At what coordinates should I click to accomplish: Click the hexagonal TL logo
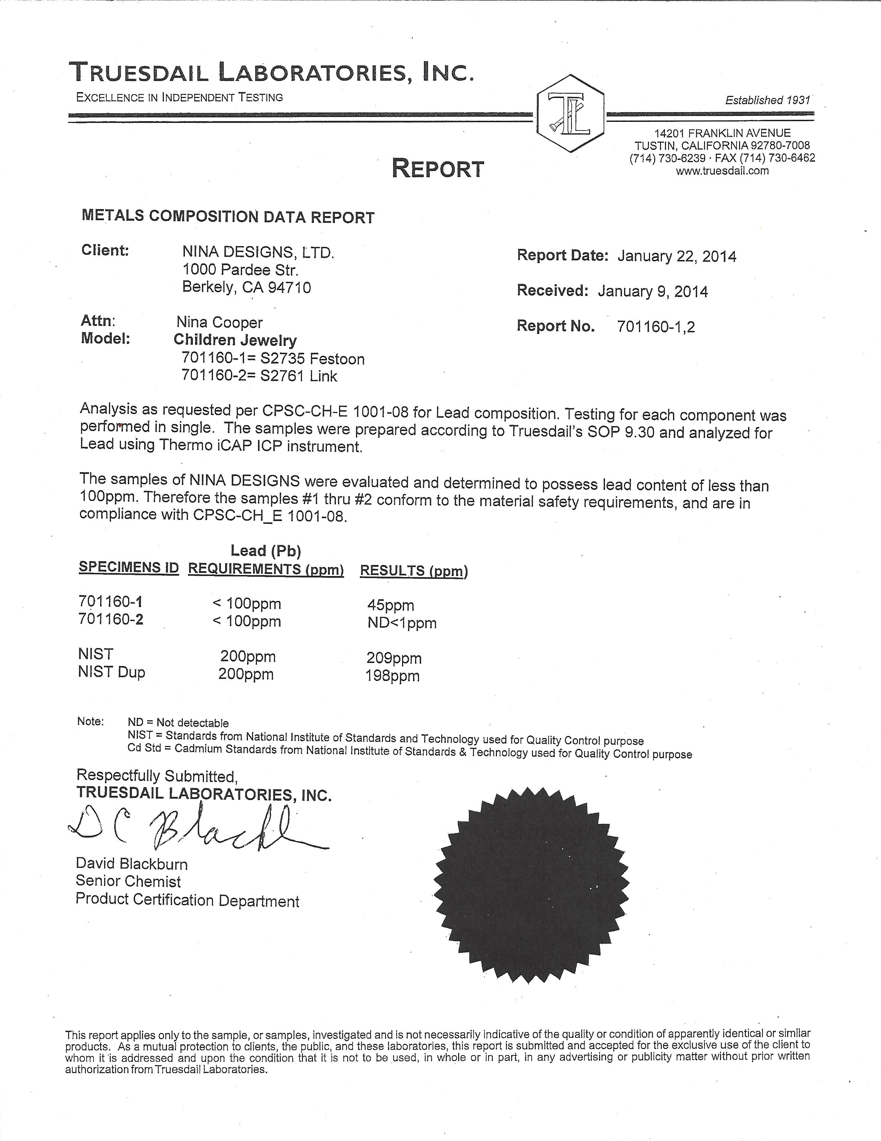click(571, 113)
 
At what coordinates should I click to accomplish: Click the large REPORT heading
click(438, 169)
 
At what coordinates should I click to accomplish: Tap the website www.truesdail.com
click(722, 171)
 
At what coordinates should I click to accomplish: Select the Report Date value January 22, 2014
click(677, 257)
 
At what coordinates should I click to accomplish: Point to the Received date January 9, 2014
click(653, 291)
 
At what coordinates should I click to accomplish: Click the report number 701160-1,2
click(656, 327)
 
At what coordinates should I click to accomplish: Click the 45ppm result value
click(390, 605)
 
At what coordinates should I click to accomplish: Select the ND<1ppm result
click(402, 623)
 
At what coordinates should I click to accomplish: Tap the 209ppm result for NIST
click(394, 658)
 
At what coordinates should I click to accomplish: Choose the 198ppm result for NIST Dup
click(392, 676)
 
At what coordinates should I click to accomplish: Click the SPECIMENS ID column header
click(128, 568)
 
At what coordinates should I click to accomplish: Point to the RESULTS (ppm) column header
click(414, 571)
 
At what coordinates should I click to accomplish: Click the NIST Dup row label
click(111, 672)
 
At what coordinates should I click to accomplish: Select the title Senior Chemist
click(128, 881)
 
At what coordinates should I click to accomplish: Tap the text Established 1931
click(767, 100)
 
